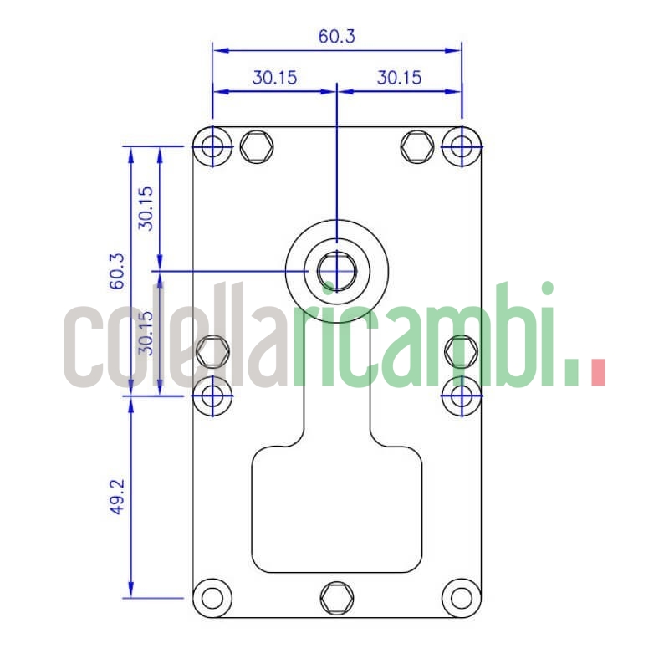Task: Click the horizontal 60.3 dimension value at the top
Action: tap(336, 37)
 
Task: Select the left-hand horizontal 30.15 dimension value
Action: tap(275, 78)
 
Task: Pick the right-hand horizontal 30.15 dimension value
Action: tap(399, 78)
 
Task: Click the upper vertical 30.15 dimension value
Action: tap(146, 208)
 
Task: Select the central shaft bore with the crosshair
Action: tap(337, 271)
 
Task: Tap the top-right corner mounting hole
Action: tap(461, 147)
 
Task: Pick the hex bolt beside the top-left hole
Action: tap(256, 147)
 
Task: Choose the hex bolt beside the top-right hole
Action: tap(416, 147)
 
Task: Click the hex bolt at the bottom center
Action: tap(337, 597)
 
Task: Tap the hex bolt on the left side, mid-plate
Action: tap(212, 350)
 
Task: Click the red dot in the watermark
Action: tap(597, 373)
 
